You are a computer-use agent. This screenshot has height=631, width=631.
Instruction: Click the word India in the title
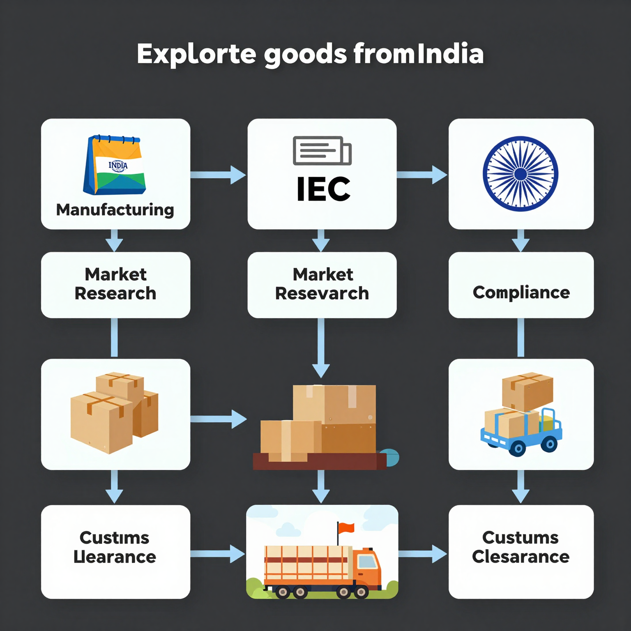point(451,54)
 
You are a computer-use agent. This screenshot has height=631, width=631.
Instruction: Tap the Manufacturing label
point(115,210)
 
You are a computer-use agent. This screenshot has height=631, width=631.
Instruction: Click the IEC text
point(323,189)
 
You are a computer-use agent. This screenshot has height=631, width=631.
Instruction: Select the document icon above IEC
point(322,150)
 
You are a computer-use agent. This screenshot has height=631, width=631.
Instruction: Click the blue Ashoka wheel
point(520,174)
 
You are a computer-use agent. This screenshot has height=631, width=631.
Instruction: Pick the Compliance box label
point(521,292)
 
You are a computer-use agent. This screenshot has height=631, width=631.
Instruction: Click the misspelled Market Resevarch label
point(322,284)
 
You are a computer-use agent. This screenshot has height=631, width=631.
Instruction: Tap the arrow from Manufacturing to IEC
point(218,175)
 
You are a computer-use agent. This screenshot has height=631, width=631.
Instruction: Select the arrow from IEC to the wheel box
point(422,175)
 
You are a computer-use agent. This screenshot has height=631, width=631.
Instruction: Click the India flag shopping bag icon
point(115,165)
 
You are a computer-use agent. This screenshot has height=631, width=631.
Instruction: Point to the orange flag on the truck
point(346,528)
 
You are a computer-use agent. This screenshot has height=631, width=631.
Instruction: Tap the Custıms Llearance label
point(115,547)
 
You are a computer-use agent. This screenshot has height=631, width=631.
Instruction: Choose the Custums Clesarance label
point(520,547)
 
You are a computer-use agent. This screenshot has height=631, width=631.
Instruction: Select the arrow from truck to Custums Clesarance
point(422,554)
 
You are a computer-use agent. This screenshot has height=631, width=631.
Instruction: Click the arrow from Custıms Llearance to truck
point(218,554)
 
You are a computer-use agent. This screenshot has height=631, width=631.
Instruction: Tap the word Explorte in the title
point(196,54)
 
